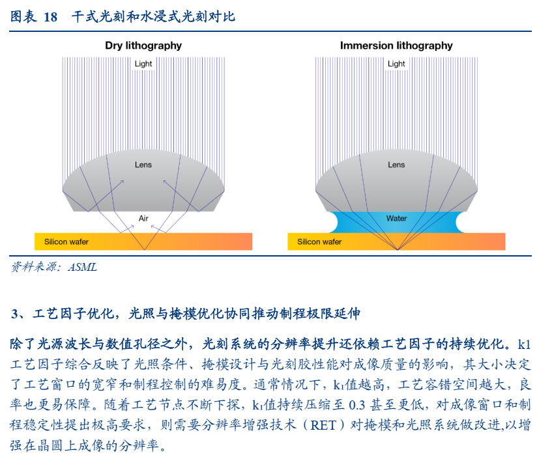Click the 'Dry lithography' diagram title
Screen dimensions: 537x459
[143, 46]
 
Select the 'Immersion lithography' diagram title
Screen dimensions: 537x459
[396, 46]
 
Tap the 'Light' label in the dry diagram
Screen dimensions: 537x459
[143, 64]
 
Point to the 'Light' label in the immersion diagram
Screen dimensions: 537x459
[396, 64]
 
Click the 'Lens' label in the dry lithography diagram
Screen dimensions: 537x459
[143, 165]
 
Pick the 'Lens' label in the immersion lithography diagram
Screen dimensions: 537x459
[396, 165]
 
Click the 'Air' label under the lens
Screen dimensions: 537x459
[143, 218]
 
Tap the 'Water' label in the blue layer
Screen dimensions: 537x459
[397, 218]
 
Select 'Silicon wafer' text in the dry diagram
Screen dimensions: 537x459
[66, 242]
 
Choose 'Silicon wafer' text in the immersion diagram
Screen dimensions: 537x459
[319, 242]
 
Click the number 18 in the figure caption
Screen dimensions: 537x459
[50, 17]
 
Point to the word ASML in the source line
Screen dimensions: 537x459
[83, 267]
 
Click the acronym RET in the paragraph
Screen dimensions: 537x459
[323, 425]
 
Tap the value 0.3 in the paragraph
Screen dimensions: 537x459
[357, 406]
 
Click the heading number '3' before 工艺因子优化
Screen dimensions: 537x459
[14, 314]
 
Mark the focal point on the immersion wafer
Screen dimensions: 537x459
[398, 249]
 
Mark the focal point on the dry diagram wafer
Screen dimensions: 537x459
[145, 249]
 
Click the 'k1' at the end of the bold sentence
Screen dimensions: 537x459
[525, 344]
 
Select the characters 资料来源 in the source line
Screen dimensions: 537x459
[33, 267]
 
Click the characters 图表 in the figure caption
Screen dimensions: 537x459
[23, 17]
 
